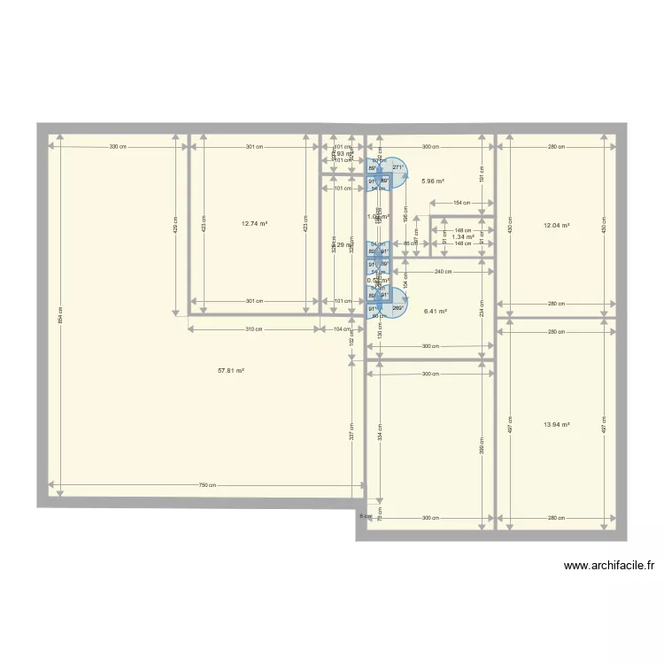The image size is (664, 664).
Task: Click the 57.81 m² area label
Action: (231, 371)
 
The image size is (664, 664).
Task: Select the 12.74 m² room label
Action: (253, 224)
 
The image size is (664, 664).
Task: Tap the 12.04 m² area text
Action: (556, 226)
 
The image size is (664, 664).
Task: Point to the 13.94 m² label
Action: (556, 425)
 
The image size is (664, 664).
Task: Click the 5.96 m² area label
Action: (432, 181)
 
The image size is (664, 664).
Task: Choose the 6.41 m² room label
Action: (435, 312)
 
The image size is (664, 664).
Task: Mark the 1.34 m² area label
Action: (462, 236)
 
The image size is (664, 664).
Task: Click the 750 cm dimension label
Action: (207, 485)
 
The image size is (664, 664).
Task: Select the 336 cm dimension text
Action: (117, 146)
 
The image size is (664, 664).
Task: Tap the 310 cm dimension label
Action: (254, 328)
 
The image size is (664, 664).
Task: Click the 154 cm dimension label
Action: (460, 203)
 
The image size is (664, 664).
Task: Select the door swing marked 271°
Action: (398, 168)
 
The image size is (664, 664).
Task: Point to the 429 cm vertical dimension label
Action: (175, 227)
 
